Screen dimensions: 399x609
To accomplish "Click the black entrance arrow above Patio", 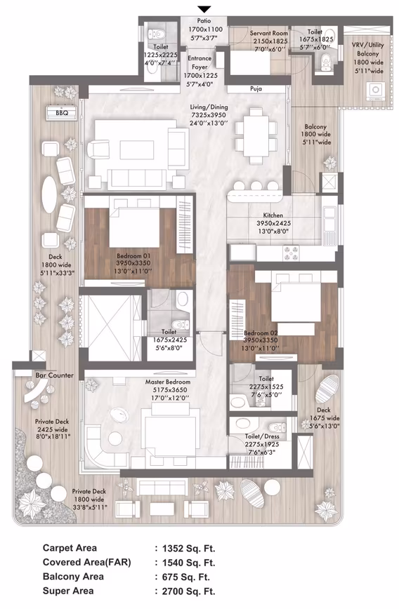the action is [204, 9].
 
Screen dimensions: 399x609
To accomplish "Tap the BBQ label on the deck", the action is [62, 113].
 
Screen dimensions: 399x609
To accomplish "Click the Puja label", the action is [256, 89].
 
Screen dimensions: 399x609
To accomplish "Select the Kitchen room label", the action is [273, 215].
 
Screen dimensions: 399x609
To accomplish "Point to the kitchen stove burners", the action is [291, 253].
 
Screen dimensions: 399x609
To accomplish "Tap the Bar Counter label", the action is [55, 375].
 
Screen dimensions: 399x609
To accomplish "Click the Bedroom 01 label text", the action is [133, 256].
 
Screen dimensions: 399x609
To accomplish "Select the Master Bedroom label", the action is [168, 382].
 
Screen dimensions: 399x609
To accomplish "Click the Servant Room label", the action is [269, 34].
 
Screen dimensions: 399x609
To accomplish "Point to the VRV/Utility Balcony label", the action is [367, 49].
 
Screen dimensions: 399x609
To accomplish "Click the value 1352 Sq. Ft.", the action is [188, 548].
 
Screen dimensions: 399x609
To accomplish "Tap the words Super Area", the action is [68, 591].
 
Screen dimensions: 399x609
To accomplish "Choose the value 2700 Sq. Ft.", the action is [188, 591].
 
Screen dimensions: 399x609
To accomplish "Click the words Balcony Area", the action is [73, 577].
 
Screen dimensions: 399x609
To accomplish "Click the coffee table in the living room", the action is [133, 149].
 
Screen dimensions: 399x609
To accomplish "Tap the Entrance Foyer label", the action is [199, 62].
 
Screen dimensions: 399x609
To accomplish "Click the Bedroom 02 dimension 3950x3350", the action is [261, 340].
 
